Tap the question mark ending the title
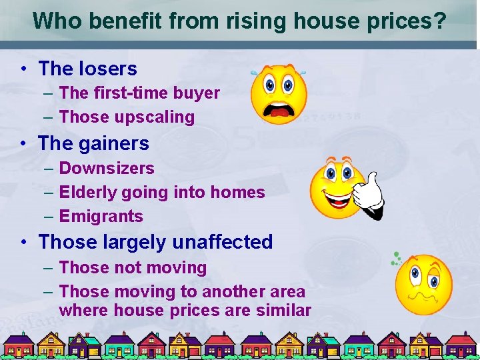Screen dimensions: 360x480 click(x=439, y=21)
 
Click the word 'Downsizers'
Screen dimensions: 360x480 click(x=107, y=168)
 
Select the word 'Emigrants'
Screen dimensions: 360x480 click(x=101, y=216)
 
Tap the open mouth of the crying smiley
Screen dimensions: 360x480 click(x=279, y=108)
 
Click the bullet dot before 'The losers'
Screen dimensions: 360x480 click(x=23, y=69)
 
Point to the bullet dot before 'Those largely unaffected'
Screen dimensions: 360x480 click(x=23, y=242)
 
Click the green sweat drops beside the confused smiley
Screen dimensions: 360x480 click(x=396, y=258)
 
